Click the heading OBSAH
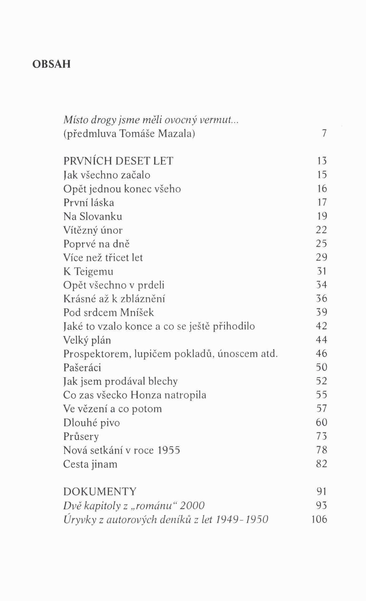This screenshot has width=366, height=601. [51, 64]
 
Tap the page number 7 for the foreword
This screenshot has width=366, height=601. [324, 133]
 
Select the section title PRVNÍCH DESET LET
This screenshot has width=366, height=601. [118, 161]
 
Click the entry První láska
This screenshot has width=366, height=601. [89, 203]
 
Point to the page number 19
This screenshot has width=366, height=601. [322, 216]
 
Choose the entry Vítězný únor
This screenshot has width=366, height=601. [93, 230]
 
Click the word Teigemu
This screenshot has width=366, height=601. [93, 271]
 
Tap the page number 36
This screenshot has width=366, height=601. [322, 298]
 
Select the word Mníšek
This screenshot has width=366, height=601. [137, 312]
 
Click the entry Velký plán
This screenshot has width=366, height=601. [87, 340]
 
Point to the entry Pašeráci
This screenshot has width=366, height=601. [82, 368]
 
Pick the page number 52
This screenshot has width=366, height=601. [322, 381]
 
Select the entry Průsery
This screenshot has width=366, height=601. [81, 437]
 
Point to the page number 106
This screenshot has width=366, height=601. [319, 519]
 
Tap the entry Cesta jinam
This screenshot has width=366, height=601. [90, 464]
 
